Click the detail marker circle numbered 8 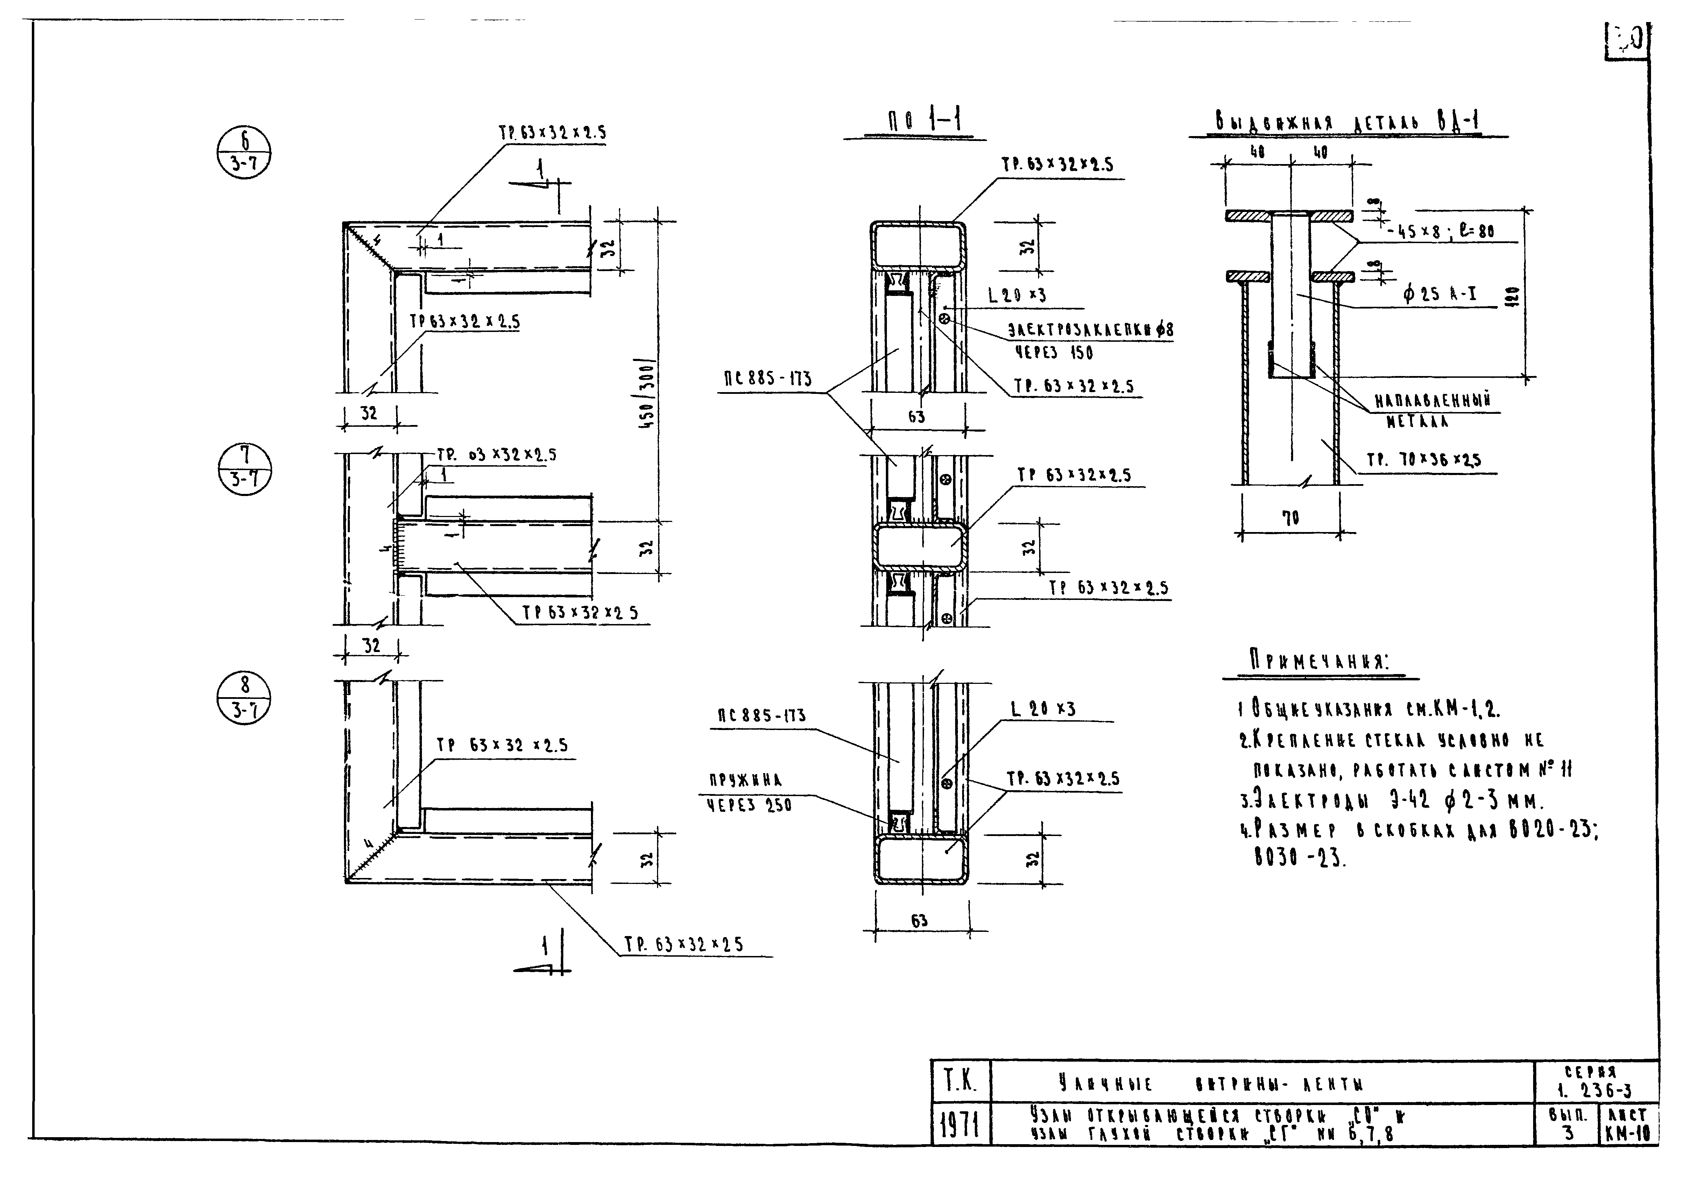click(245, 699)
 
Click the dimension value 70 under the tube click(1291, 518)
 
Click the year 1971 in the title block click(960, 1125)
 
